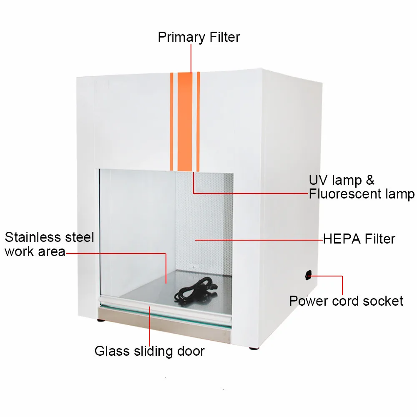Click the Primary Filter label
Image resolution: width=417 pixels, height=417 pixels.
199,37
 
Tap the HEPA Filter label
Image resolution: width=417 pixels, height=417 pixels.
359,239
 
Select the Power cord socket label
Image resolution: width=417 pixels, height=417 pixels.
346,301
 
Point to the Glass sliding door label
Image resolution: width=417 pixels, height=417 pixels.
150,351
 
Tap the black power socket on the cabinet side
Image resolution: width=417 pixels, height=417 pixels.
309,275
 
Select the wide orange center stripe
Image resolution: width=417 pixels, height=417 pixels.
185,121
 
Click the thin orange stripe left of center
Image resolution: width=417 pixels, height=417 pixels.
171,121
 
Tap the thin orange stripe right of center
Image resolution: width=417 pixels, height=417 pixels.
198,121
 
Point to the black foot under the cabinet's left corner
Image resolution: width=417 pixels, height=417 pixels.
101,320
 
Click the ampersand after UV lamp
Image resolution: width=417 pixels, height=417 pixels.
370,180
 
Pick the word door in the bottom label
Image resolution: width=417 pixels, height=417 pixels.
191,351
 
